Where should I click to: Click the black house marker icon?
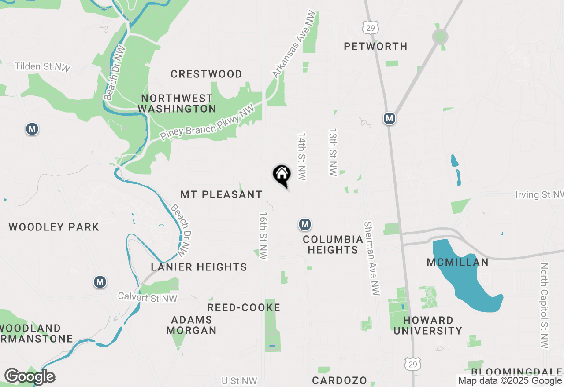(282, 175)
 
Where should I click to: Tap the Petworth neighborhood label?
(375, 46)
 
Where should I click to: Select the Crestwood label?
(206, 74)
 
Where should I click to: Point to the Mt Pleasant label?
(221, 194)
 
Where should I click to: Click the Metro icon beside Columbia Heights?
(304, 224)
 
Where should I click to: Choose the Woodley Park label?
(54, 227)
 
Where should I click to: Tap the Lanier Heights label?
(199, 267)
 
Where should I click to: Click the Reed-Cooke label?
(244, 307)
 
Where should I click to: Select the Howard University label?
(427, 325)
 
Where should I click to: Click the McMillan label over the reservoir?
(457, 263)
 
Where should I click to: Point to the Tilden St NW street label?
(42, 67)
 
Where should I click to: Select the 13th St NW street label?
(333, 153)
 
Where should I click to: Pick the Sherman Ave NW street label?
(372, 258)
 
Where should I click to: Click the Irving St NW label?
(539, 195)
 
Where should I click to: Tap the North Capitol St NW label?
(545, 306)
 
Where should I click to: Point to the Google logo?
(30, 376)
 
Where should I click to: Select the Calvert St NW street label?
(147, 298)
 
